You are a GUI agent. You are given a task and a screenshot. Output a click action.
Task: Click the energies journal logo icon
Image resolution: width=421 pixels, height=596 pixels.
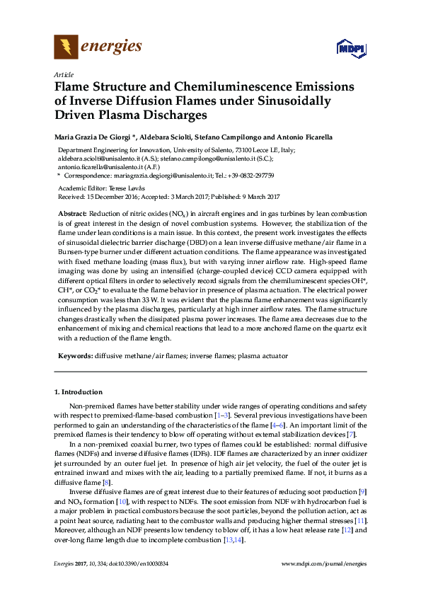click(67, 47)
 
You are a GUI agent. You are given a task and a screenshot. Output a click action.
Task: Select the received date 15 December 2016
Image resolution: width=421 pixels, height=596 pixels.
click(114, 195)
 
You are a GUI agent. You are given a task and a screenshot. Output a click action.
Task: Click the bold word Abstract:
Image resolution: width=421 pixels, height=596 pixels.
click(72, 213)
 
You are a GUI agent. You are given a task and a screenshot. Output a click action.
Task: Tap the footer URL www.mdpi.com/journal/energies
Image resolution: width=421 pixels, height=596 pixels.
click(323, 563)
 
